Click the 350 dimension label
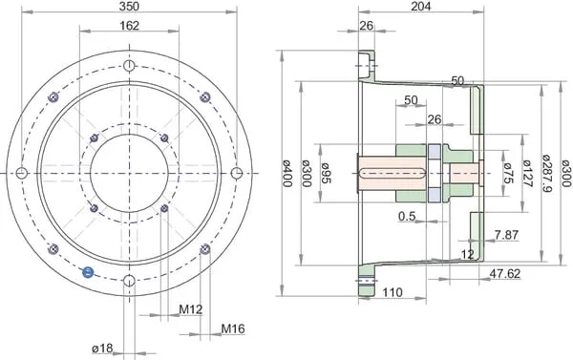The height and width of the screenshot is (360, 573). coord(129,6)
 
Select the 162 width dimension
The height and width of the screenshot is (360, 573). coord(129,26)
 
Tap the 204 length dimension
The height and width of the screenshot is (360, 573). coord(421,6)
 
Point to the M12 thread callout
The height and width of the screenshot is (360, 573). coord(190,309)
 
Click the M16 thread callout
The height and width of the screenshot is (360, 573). coord(233,328)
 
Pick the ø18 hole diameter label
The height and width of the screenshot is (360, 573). coord(102,349)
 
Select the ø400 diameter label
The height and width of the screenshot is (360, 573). coord(288,173)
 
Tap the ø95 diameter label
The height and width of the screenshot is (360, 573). coord(326,173)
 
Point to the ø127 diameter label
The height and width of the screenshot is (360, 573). coord(526,173)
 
